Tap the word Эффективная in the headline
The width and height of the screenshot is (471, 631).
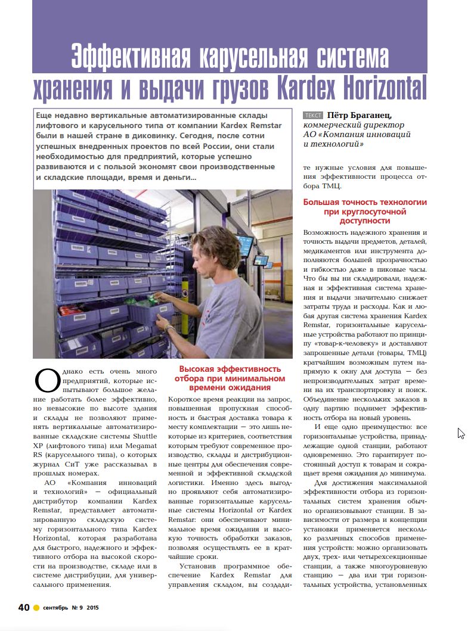[133, 57]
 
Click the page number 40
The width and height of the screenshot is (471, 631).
[23, 607]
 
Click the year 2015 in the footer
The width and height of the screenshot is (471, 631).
[92, 608]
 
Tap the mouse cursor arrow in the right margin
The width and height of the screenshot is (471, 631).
[460, 433]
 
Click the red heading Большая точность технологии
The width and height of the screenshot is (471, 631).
[365, 203]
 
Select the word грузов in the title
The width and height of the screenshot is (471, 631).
[239, 88]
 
